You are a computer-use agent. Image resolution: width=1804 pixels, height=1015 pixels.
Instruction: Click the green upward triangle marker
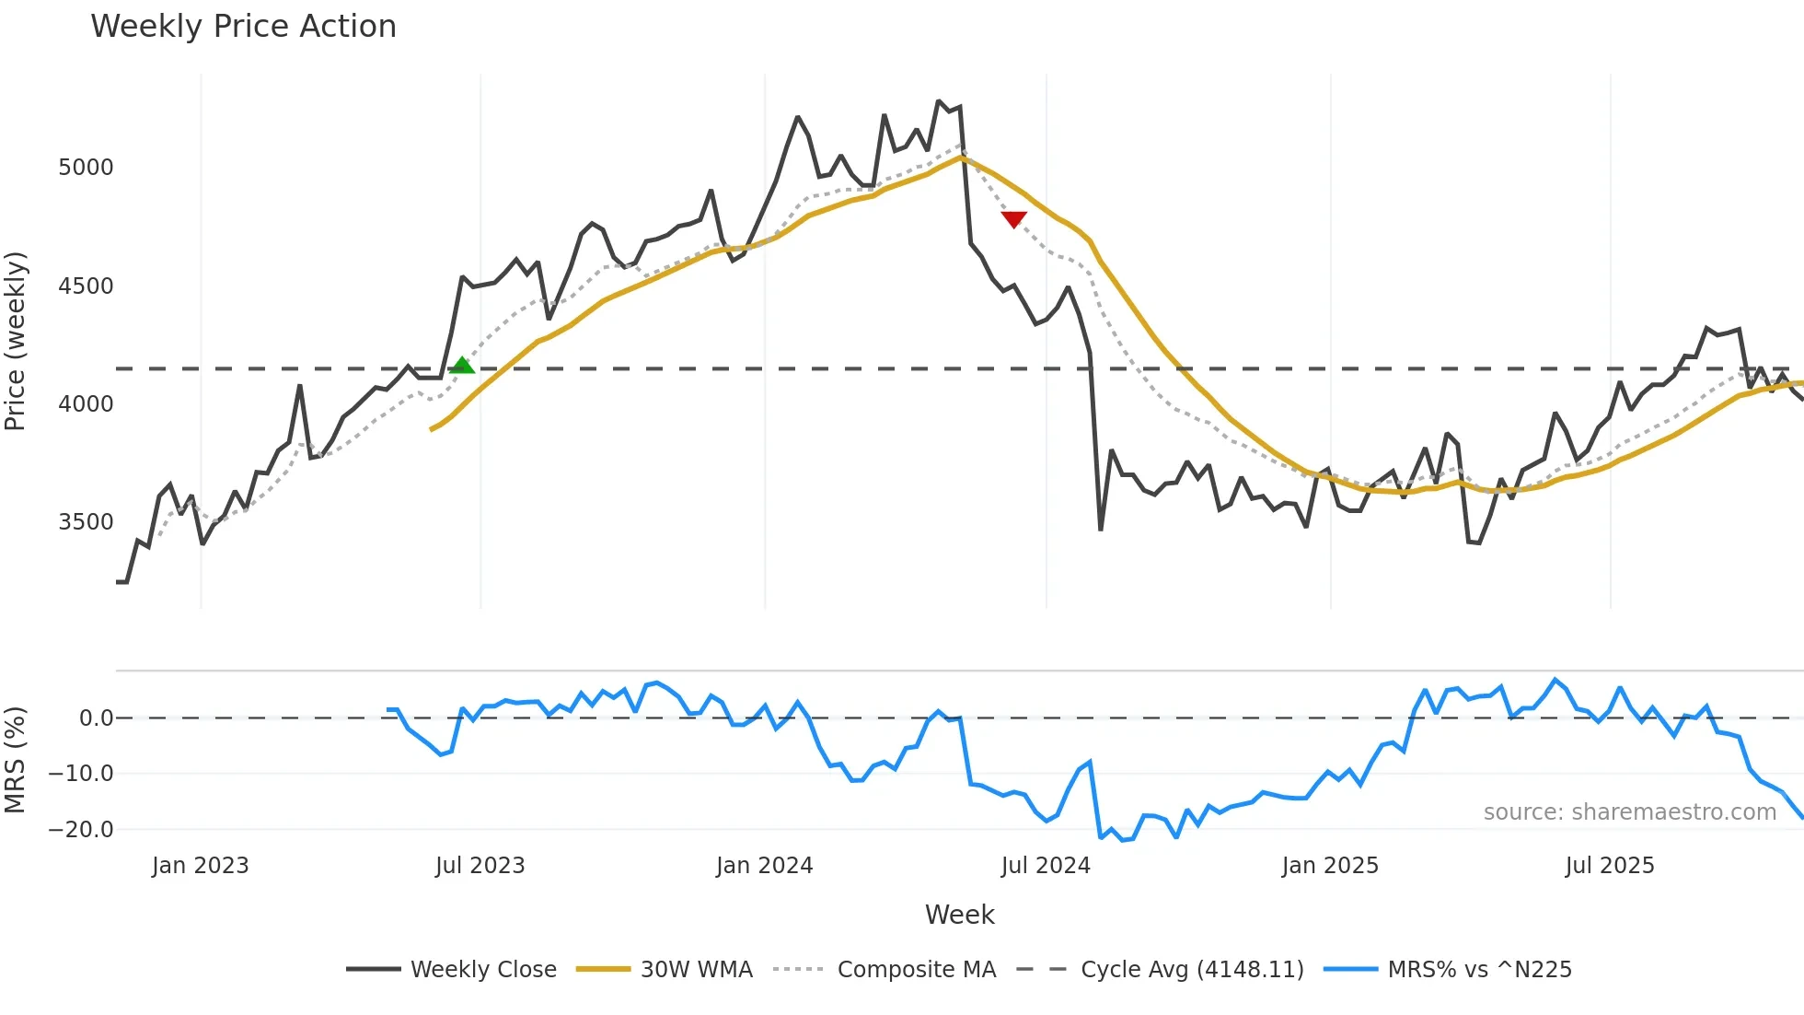click(x=462, y=366)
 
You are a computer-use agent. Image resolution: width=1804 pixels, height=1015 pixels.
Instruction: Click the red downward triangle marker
click(x=1013, y=219)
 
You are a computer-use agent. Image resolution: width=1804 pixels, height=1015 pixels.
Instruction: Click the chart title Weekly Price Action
click(x=243, y=26)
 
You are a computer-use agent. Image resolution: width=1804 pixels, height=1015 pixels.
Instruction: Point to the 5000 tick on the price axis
click(x=86, y=168)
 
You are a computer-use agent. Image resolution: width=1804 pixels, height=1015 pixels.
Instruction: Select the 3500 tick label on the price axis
click(x=86, y=522)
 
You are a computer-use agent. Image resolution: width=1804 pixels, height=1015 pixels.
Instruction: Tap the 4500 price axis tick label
click(x=86, y=286)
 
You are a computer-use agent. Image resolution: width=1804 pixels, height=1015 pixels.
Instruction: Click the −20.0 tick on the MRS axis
click(x=81, y=829)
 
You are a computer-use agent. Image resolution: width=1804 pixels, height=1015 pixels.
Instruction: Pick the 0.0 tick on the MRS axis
click(x=96, y=718)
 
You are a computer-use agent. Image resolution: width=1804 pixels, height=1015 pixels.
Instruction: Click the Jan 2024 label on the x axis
click(x=764, y=866)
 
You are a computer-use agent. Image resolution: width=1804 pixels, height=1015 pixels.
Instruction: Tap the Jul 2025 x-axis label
click(x=1609, y=866)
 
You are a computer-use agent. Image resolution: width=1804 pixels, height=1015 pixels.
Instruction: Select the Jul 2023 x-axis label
click(x=480, y=866)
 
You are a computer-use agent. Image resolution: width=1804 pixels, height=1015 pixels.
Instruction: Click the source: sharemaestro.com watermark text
click(x=1629, y=812)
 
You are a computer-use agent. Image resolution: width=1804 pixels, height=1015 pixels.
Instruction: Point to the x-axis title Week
click(x=959, y=915)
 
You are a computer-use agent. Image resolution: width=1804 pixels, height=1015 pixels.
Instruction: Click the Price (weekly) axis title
click(x=15, y=341)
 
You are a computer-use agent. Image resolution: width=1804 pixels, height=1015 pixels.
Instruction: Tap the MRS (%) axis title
click(x=15, y=760)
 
